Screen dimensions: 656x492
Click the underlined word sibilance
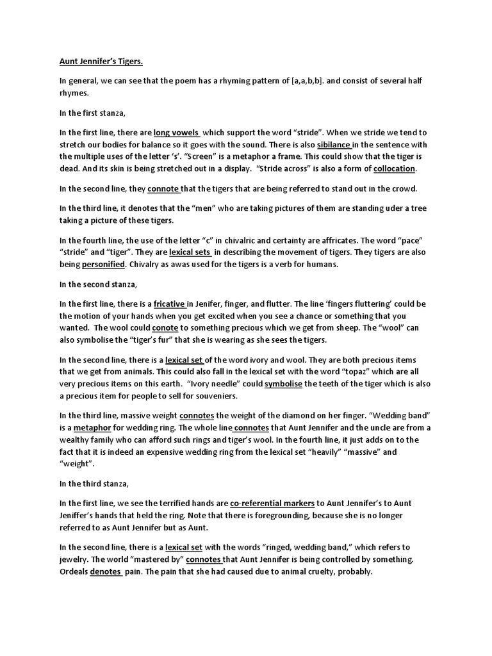click(x=334, y=145)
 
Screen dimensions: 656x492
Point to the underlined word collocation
click(x=395, y=168)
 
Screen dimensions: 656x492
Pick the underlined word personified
click(x=103, y=265)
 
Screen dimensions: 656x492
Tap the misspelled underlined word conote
click(x=165, y=327)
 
